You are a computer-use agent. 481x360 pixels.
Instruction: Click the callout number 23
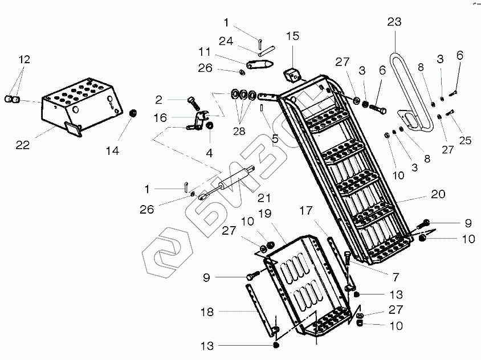[394, 23]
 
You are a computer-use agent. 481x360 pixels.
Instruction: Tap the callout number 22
[22, 145]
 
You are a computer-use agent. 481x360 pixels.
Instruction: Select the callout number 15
[292, 36]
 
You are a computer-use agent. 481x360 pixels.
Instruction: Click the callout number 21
[263, 198]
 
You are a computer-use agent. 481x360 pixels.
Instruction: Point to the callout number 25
[465, 140]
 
